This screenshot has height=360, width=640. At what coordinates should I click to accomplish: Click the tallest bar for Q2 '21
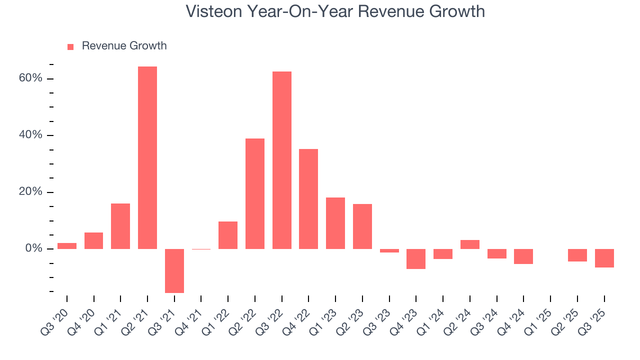point(147,157)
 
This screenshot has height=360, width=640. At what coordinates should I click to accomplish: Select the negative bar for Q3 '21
point(174,270)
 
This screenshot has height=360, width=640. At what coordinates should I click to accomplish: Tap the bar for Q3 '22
point(282,160)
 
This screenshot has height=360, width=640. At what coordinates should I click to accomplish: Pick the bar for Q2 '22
point(255,193)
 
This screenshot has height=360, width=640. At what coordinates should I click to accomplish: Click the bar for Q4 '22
point(308,198)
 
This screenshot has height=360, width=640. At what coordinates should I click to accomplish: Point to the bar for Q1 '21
point(120,226)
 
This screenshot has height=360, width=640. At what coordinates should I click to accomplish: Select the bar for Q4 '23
point(416,258)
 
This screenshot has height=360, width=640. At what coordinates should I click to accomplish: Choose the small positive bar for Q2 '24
point(470,244)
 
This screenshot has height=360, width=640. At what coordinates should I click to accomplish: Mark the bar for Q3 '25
point(604,258)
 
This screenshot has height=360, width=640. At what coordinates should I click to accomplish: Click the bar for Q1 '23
point(335,223)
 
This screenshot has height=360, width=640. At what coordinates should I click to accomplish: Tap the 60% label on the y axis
point(30,78)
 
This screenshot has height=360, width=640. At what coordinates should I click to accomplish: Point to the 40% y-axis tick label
point(30,135)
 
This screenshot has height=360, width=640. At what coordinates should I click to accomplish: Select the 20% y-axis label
point(30,192)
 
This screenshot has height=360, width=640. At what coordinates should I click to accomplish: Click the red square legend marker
point(70,46)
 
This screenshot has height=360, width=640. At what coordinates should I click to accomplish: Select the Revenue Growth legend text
point(124,46)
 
